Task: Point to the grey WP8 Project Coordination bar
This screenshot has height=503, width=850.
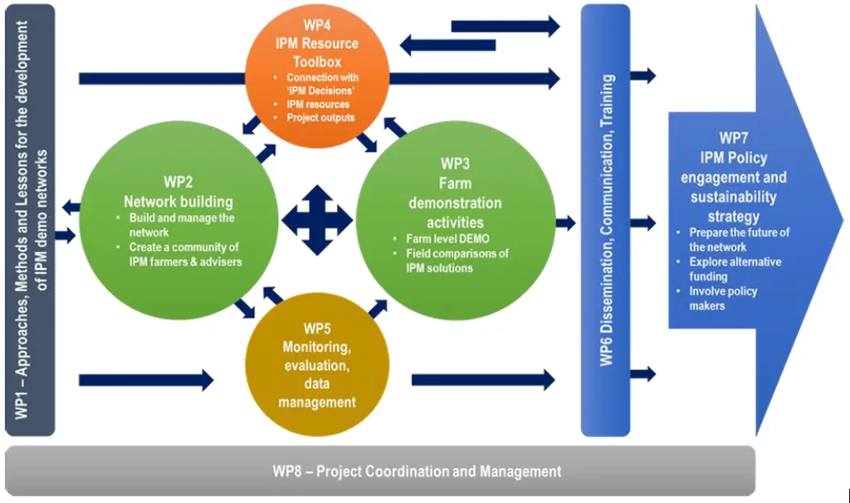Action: (x=379, y=471)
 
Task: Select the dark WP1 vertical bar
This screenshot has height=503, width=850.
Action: (x=29, y=220)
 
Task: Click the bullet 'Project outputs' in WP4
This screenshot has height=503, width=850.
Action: (x=320, y=118)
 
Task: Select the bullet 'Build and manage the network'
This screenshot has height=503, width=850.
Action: (x=180, y=225)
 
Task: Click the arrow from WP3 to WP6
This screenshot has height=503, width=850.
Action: (x=565, y=222)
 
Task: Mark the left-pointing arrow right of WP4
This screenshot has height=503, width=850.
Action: (x=447, y=46)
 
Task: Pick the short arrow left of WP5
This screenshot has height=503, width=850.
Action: (x=146, y=380)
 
